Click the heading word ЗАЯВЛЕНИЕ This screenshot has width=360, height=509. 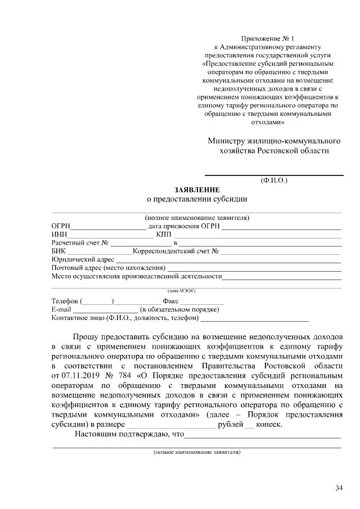(196, 190)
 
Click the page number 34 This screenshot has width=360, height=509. (339, 488)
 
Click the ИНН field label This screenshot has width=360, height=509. (59, 234)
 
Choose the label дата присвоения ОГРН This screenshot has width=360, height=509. (183, 226)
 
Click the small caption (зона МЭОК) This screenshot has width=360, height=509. (181, 290)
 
